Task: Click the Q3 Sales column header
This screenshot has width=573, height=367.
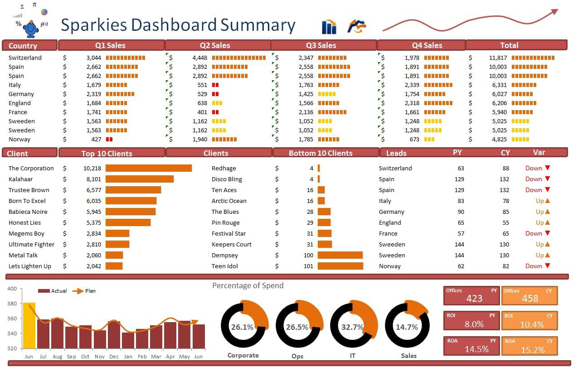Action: tap(324, 45)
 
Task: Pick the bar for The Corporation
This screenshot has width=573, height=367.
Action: tap(149, 168)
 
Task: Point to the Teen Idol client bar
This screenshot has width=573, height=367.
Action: tap(340, 266)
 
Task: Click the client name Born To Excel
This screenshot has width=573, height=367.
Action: tap(27, 201)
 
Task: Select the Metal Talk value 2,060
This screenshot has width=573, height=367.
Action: tap(93, 255)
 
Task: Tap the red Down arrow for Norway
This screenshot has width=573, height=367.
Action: tap(547, 266)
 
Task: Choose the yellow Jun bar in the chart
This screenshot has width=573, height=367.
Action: tap(29, 325)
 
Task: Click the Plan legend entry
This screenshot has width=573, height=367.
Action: tap(90, 291)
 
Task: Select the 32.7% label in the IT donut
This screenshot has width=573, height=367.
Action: tap(352, 327)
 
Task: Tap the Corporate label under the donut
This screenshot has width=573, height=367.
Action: tap(243, 356)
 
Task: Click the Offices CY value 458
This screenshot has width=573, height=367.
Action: tap(529, 299)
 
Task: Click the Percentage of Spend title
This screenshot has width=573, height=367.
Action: tap(248, 285)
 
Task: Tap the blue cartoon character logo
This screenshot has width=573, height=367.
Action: tap(31, 29)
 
